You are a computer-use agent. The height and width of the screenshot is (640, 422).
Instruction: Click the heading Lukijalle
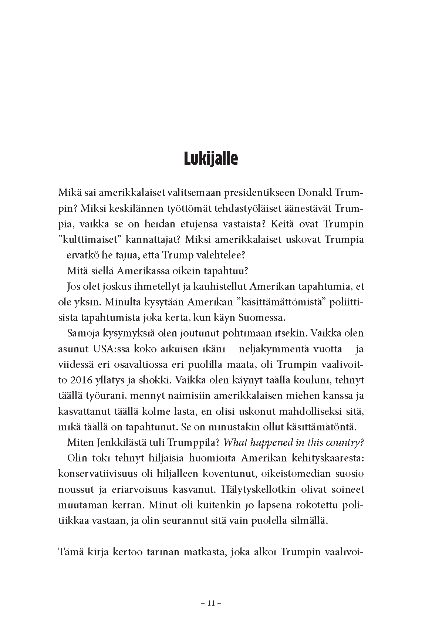click(211, 159)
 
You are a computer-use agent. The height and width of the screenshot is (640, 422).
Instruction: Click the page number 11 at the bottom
click(211, 603)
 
